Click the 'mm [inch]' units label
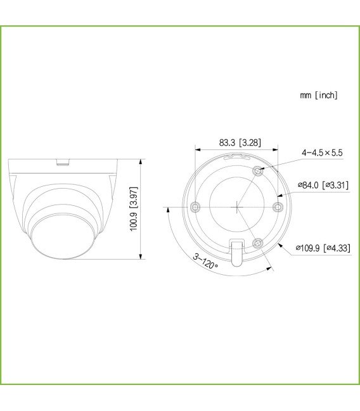click(319, 95)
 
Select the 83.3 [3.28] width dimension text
click(240, 143)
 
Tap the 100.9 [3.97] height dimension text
click(134, 208)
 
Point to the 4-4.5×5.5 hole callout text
click(321, 153)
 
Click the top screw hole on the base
click(257, 170)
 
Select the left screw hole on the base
click(195, 206)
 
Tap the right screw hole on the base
click(277, 206)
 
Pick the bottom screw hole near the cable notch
click(257, 243)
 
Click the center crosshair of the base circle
click(236, 206)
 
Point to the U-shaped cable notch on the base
click(236, 253)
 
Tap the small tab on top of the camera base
click(62, 162)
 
